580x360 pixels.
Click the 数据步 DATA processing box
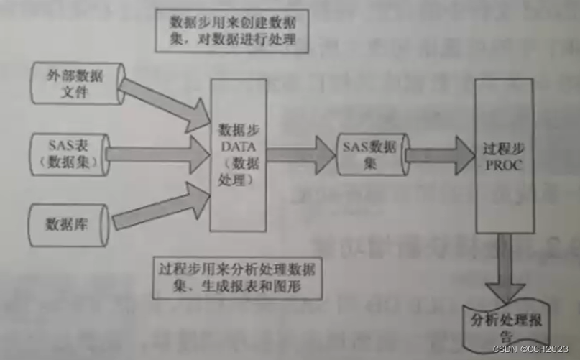click(237, 154)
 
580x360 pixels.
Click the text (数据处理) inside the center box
click(237, 171)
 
